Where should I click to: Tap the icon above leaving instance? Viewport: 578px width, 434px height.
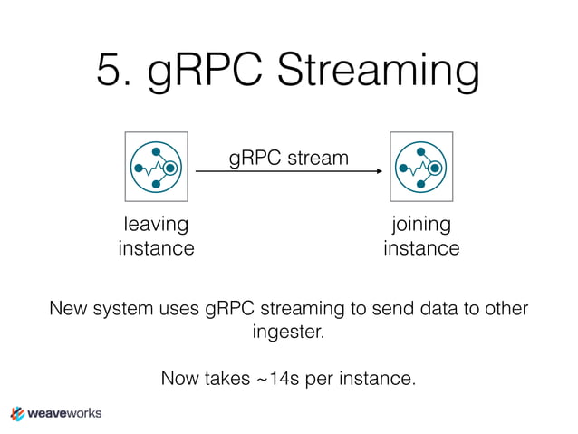[157, 168]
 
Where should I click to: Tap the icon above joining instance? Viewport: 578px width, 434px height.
[421, 168]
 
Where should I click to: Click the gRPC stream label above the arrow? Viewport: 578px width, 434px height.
[288, 158]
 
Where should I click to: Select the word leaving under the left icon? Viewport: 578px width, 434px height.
[156, 224]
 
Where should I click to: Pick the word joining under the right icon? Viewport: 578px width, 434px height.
[420, 224]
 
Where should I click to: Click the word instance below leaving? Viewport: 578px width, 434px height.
[156, 247]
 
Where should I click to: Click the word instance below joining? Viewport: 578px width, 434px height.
[420, 247]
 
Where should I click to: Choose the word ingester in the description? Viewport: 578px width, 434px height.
[287, 333]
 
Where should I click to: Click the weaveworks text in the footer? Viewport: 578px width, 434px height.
[65, 413]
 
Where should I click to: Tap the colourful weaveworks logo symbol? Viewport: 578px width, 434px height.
[17, 413]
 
